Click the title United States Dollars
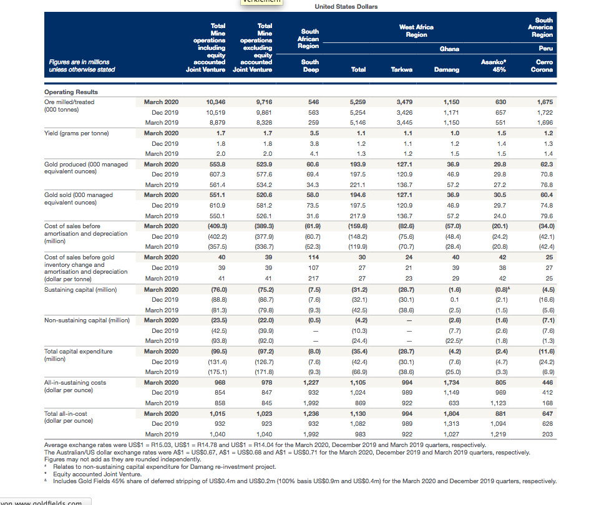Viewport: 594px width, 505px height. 346,6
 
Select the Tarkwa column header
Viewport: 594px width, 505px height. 402,70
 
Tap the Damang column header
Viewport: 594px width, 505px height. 447,70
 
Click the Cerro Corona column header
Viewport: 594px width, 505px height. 542,66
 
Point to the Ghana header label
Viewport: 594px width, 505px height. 449,49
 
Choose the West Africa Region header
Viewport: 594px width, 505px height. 416,31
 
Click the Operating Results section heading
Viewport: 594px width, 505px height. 71,92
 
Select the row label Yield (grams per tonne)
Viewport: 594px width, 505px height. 77,133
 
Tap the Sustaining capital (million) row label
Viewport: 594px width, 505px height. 80,290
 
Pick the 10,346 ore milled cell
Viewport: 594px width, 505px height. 215,102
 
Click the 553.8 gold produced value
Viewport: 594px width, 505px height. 217,165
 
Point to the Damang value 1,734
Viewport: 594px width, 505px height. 452,383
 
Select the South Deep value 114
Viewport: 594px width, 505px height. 313,257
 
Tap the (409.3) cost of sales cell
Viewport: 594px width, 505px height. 217,226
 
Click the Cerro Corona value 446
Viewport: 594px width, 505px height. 547,383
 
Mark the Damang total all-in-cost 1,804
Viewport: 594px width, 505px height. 452,414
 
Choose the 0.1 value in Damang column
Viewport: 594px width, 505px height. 455,300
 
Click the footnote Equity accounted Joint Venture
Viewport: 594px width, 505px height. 97,474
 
